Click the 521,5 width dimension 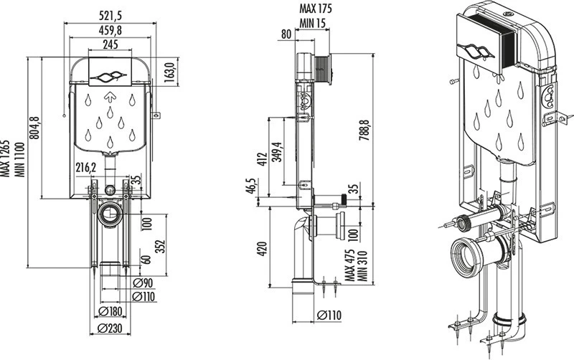110,16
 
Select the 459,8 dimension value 110,30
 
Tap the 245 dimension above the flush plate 110,44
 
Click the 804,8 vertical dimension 34,128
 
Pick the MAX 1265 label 6,158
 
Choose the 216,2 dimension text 85,168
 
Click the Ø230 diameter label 110,328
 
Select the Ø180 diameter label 110,311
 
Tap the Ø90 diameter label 143,283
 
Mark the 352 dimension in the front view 161,246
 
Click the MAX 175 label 316,8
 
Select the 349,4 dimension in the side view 277,152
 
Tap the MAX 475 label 350,265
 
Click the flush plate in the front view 110,72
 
